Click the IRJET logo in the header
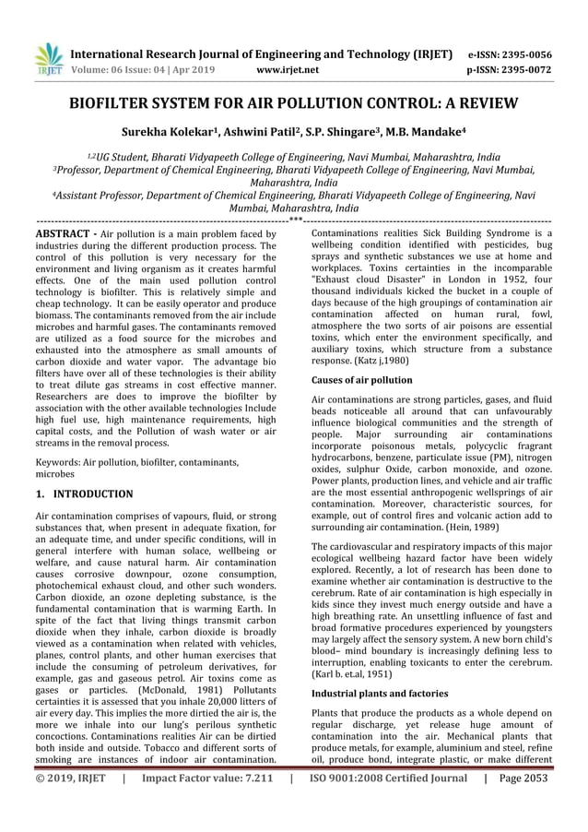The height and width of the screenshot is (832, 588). coord(45,57)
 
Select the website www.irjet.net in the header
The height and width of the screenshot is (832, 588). coord(291,68)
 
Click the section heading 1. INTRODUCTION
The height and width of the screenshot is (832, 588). coord(83,494)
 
